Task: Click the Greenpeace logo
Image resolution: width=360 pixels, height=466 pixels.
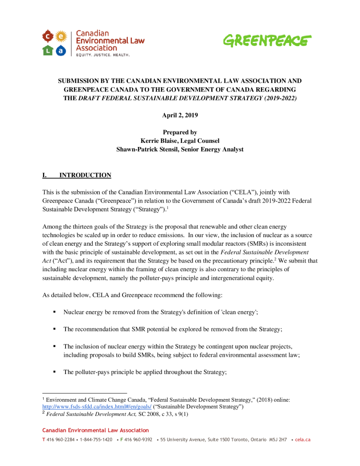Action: coord(267,41)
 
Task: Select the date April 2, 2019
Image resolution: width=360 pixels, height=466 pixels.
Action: coord(180,116)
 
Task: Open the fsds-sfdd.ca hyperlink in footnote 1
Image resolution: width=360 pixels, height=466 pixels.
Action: coord(97,406)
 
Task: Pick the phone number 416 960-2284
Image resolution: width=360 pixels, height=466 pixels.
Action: coord(60,440)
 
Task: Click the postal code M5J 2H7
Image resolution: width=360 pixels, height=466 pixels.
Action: coord(278,440)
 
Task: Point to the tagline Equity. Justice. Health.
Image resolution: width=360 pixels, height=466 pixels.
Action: coord(102,55)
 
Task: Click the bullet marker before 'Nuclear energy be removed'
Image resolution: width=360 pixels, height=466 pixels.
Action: coord(55,312)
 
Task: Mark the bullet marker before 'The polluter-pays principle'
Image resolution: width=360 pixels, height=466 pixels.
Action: coord(55,372)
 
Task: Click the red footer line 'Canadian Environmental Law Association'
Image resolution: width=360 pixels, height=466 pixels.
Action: coord(95,430)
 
